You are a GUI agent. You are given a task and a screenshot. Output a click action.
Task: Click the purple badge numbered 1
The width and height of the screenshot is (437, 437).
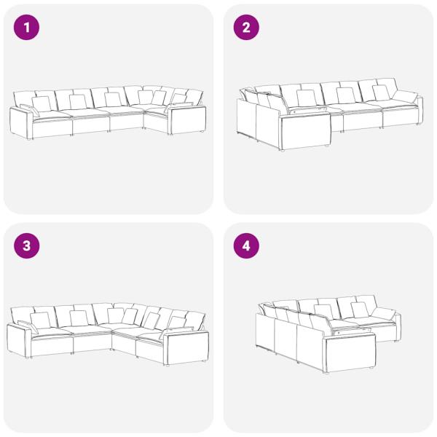[x=26, y=28]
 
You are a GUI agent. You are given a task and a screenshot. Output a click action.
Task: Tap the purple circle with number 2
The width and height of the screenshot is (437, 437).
[x=246, y=28]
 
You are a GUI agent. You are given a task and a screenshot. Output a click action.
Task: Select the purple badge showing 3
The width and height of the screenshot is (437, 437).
[x=26, y=246]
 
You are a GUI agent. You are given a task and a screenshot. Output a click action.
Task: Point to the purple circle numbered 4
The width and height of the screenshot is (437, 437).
[x=246, y=246]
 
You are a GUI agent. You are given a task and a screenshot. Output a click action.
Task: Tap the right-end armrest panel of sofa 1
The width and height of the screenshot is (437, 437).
[x=187, y=119]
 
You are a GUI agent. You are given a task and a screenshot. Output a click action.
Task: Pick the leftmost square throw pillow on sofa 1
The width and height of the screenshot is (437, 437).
[x=42, y=104]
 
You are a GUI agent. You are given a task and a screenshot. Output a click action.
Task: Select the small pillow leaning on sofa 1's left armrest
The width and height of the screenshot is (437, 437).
[x=30, y=110]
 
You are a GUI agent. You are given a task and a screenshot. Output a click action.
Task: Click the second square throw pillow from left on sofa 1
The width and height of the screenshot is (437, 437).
[x=78, y=102]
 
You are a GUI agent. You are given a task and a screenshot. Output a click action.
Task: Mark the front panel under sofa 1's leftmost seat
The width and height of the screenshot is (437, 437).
[x=52, y=128]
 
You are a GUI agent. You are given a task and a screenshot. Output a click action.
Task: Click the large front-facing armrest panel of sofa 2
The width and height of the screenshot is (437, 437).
[x=305, y=132]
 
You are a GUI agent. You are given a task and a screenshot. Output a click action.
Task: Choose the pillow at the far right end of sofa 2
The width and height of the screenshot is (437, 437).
[x=405, y=96]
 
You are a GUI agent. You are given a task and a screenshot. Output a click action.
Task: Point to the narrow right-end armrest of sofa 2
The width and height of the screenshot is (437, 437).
[x=420, y=111]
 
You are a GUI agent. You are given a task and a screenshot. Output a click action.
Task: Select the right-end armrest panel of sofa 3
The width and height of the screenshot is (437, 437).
[x=186, y=347]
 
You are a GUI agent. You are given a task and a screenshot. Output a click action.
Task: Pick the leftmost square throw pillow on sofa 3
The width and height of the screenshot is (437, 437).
[x=40, y=320]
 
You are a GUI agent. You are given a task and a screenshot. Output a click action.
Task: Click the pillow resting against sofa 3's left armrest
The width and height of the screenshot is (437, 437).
[x=28, y=326]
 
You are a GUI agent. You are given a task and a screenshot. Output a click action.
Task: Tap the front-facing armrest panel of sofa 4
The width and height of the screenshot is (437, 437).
[x=350, y=353]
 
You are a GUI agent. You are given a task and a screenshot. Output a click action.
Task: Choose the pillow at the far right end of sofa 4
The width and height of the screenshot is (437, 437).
[x=384, y=313]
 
